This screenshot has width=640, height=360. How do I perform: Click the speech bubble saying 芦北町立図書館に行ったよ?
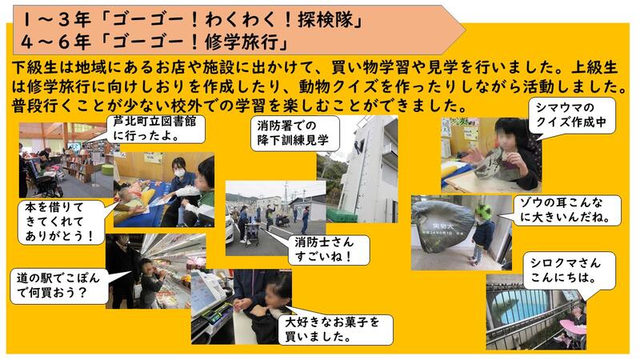click(x=156, y=129)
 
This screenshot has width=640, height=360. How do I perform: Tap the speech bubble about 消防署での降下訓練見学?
click(x=295, y=133)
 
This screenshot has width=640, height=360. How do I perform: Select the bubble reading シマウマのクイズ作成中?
click(x=572, y=115)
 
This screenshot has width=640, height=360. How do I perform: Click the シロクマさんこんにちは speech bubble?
click(x=570, y=270)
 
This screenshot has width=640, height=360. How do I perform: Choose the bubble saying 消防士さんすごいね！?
click(x=329, y=250)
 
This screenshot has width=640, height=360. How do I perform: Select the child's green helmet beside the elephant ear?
click(x=484, y=211)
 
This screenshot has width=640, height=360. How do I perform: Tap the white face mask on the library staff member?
click(x=179, y=173)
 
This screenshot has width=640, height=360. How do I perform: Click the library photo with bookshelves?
click(x=66, y=160)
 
